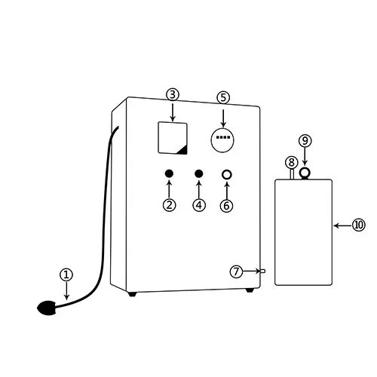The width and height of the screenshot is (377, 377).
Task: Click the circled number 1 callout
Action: (66, 274)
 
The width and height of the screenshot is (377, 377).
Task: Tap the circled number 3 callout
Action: (173, 95)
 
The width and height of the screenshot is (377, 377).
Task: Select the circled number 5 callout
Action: (223, 97)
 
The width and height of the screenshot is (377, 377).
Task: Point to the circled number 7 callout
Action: (236, 271)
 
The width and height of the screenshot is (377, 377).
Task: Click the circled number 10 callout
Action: (359, 225)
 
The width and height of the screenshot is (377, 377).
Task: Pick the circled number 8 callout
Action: (292, 162)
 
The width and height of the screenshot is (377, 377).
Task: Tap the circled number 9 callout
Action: (305, 141)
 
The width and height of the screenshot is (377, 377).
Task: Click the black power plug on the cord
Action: (47, 308)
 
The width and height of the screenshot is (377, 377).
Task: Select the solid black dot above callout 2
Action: (169, 173)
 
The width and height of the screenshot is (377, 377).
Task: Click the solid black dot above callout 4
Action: (199, 173)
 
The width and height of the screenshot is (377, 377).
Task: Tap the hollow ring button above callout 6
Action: (227, 174)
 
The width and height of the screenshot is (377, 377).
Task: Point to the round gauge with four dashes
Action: (222, 139)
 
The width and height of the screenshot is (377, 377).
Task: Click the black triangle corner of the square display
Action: (183, 150)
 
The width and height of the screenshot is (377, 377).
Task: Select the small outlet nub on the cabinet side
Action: (262, 271)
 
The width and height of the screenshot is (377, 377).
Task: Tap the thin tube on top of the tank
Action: (292, 174)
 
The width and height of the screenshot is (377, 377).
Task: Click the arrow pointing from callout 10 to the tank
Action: (342, 225)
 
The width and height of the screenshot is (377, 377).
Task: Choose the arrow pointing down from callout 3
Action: (173, 112)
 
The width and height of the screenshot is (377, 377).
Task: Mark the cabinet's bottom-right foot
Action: (250, 290)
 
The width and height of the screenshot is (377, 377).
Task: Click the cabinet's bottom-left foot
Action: (132, 294)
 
